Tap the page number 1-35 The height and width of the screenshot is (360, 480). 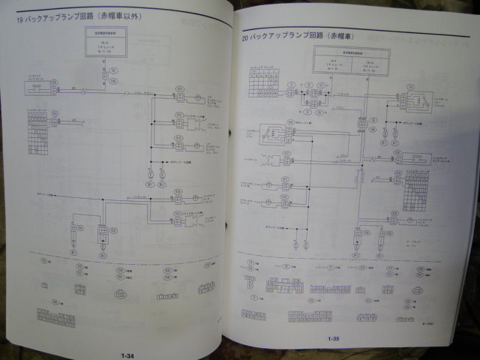pyautogui.click(x=334, y=340)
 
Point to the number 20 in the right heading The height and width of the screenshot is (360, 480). pyautogui.click(x=245, y=35)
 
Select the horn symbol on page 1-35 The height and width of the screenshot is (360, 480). pyautogui.click(x=273, y=160)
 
